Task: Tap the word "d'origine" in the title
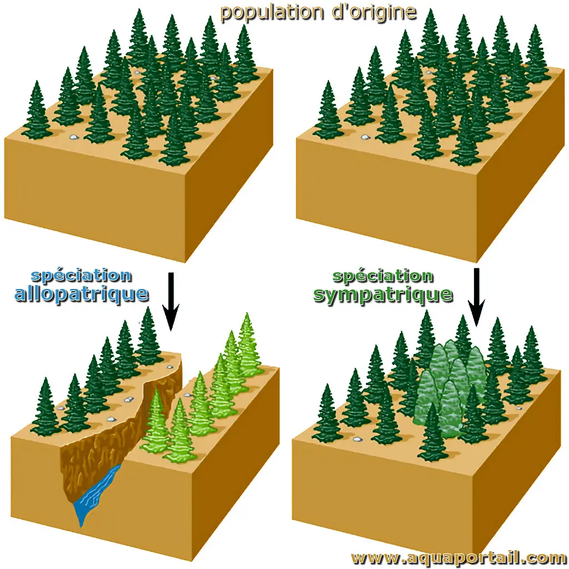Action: coord(374,12)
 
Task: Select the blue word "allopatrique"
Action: coord(81,293)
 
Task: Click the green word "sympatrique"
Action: coord(383,295)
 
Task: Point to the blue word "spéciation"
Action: coord(81,276)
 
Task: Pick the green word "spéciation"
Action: coord(383,276)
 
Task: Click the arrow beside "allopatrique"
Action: coord(171,302)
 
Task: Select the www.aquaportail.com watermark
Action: coord(458,558)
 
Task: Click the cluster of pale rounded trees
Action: coord(450,384)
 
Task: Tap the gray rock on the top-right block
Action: coord(365,137)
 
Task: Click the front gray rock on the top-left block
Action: coord(74,137)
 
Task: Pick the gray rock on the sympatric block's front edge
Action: coord(358,440)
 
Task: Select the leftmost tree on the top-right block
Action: coord(328,111)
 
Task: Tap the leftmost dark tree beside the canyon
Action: coord(46,407)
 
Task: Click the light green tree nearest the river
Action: coord(156,421)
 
